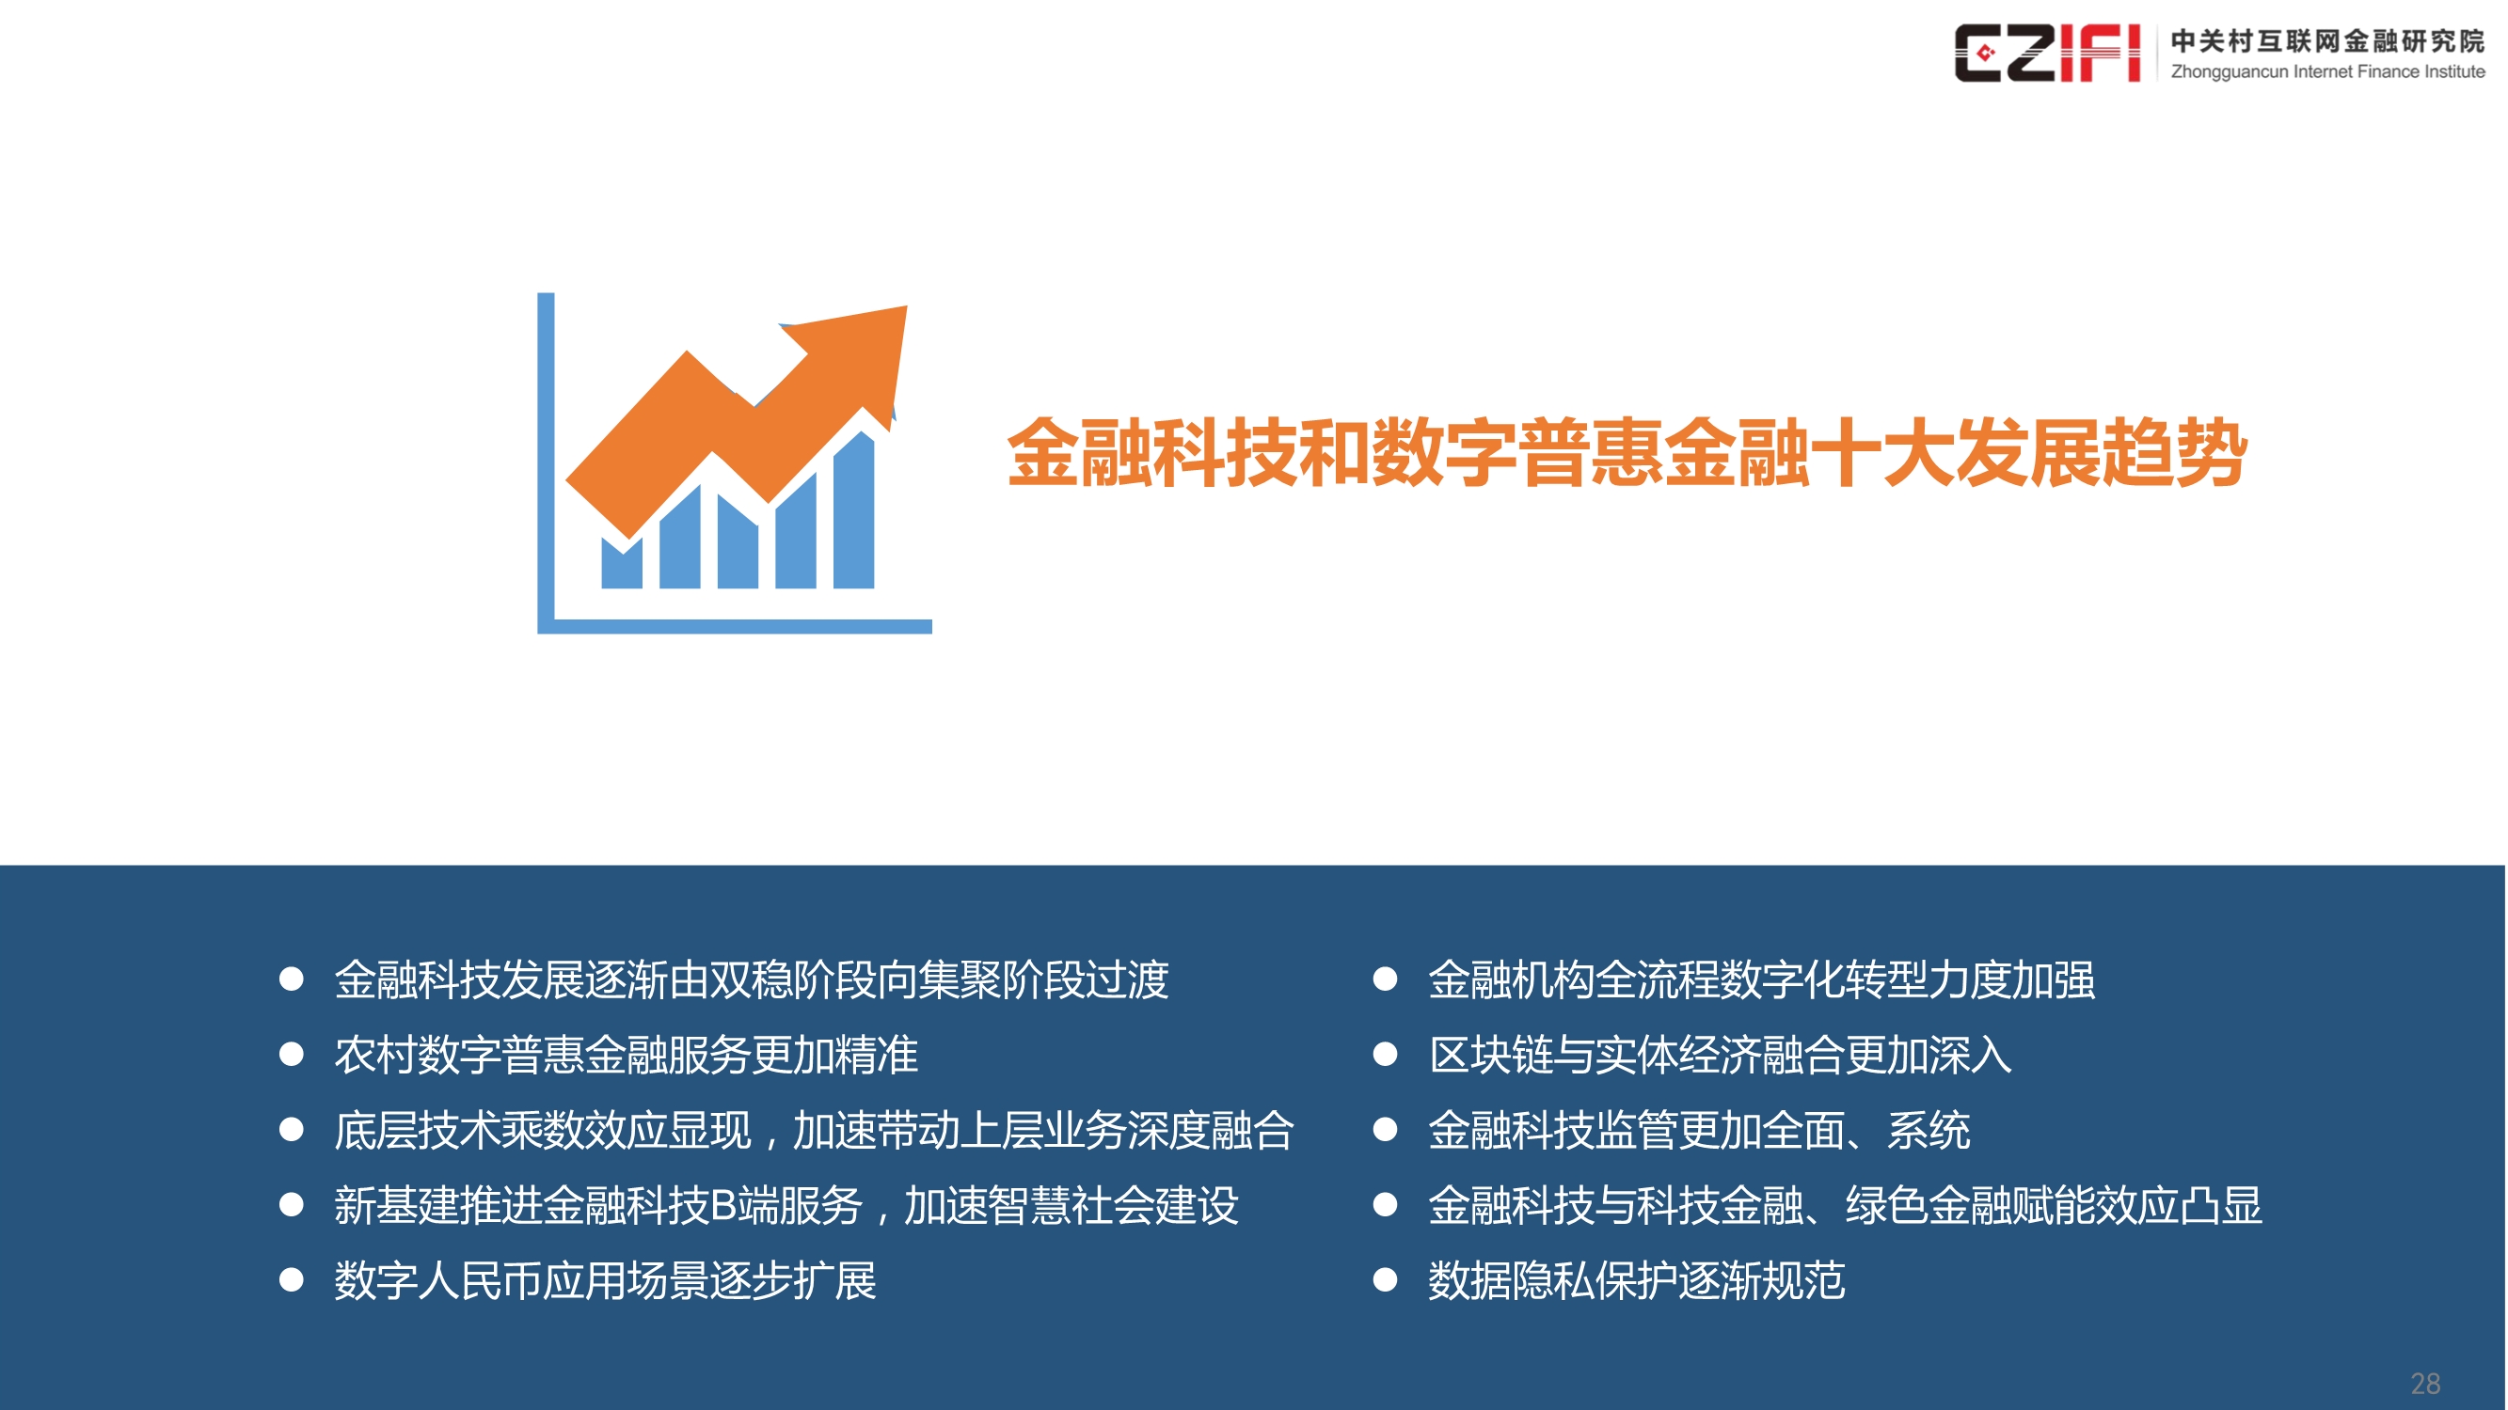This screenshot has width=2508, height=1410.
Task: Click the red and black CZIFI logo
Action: (2046, 54)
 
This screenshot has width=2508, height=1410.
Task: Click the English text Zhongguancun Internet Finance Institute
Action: (2327, 72)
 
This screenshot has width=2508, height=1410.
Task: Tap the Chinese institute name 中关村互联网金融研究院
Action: (2327, 40)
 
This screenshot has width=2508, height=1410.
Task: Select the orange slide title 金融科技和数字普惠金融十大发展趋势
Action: (1626, 452)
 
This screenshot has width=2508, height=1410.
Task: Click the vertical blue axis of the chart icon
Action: (547, 458)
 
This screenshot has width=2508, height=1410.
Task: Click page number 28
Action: (2424, 1383)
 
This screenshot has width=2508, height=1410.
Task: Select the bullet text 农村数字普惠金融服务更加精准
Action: (626, 1055)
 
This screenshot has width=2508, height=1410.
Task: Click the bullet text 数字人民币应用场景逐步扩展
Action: (605, 1280)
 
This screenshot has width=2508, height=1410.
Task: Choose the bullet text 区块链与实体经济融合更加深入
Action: (1720, 1055)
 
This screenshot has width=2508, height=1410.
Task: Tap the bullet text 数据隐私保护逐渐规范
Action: (1636, 1280)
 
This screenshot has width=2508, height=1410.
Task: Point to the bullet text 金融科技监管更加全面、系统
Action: (1699, 1130)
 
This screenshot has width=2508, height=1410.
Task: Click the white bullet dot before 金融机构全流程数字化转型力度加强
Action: (1385, 979)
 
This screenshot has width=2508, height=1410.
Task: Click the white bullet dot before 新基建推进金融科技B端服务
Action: (291, 1205)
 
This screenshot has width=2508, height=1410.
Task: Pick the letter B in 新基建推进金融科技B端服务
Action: (723, 1206)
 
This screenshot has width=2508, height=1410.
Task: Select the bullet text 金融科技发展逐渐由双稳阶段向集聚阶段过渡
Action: (751, 979)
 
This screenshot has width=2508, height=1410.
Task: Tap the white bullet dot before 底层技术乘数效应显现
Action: (291, 1130)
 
